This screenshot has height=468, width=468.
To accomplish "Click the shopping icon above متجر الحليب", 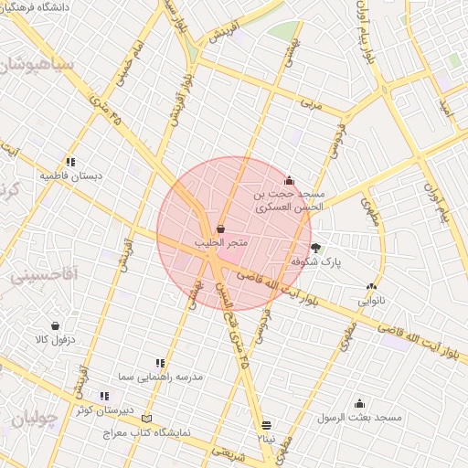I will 221,229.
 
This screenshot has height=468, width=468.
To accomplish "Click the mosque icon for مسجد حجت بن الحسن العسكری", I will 290,180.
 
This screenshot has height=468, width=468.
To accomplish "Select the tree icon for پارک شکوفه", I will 316,247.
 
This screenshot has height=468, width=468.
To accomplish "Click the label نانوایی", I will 370,299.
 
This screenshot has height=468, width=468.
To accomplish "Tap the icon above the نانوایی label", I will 370,286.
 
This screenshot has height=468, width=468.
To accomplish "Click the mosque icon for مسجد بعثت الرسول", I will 359,403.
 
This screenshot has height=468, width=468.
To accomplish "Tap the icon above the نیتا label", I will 266,425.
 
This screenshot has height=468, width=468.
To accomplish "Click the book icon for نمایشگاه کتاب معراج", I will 147,418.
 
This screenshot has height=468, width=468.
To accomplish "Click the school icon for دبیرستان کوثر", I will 105,396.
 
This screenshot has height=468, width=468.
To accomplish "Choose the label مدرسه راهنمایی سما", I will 161,377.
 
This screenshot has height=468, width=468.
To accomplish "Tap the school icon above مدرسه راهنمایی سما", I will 161,363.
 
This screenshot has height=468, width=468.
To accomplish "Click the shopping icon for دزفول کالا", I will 56,325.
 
